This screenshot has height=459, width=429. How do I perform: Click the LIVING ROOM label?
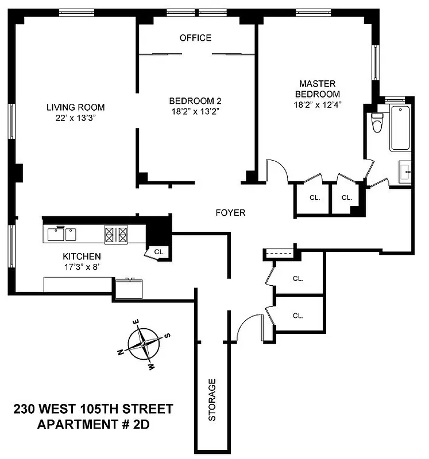(75, 107)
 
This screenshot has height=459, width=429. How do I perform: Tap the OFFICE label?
(195, 38)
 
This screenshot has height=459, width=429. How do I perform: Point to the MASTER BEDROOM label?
(317, 89)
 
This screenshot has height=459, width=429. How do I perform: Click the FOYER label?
(230, 213)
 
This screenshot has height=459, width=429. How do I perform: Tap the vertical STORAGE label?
(212, 400)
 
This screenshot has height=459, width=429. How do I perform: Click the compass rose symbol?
(144, 346)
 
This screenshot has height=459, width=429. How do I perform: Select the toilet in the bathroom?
(377, 122)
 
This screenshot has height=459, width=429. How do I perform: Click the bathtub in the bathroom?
(400, 129)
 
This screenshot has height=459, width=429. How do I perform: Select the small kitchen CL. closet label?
(159, 251)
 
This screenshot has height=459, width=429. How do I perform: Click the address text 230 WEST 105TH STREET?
(92, 409)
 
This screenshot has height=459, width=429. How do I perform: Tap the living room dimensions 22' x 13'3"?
(75, 118)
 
